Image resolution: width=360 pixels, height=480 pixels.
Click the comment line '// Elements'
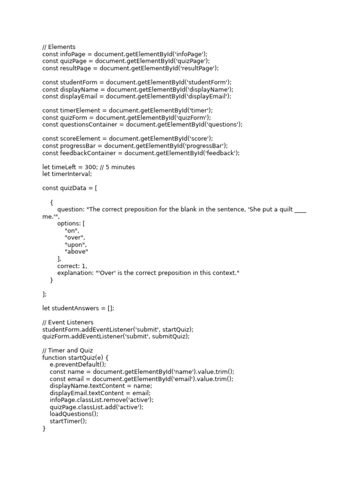click(59, 47)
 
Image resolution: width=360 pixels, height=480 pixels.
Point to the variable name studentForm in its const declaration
click(78, 82)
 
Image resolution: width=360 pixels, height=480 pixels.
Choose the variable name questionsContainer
click(90, 124)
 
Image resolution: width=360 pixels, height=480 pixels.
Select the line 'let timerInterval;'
click(67, 174)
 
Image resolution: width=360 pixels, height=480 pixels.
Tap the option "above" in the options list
click(76, 252)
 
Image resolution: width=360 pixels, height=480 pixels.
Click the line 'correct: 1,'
click(72, 266)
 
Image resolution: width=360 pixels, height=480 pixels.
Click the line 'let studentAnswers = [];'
click(78, 308)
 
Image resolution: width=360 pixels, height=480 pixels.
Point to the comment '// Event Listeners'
click(68, 322)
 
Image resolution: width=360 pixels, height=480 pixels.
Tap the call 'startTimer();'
click(68, 421)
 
